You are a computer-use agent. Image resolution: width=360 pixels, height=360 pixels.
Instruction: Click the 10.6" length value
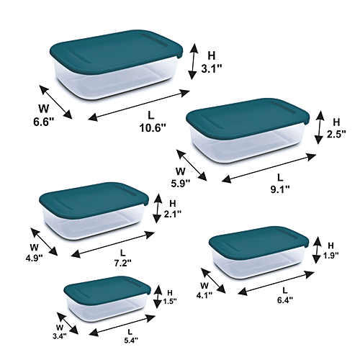[153, 127]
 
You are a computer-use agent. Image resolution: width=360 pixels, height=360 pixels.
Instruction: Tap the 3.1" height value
[211, 69]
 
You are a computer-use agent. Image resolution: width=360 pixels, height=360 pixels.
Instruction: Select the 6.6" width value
[43, 122]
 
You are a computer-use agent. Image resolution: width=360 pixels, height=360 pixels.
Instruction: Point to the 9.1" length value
[280, 189]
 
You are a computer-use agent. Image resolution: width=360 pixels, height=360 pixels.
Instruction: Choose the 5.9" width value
[181, 184]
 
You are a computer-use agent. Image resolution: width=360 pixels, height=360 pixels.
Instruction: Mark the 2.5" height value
[336, 134]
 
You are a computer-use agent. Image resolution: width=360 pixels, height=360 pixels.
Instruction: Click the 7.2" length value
[122, 264]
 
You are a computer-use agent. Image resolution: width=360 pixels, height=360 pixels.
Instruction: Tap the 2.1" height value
[173, 214]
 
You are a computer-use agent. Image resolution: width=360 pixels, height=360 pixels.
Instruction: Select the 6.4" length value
[285, 300]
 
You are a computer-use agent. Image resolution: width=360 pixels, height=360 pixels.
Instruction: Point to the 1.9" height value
[330, 256]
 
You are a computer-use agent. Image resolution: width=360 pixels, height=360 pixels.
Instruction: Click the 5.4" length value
[131, 340]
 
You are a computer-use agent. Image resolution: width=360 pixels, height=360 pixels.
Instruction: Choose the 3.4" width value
[60, 336]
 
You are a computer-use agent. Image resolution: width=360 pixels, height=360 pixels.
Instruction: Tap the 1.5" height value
[170, 301]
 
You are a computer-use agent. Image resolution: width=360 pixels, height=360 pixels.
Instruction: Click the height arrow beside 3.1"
[193, 61]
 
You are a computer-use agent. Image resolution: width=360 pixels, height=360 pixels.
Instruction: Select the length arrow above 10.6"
[139, 104]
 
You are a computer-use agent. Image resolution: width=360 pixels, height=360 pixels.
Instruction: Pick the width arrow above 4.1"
[213, 281]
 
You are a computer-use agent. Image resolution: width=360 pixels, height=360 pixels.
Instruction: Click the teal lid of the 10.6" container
[117, 52]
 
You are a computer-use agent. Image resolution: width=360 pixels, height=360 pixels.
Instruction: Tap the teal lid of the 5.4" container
[107, 288]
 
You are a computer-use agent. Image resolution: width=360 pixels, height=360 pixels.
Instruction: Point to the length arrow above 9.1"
[269, 168]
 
